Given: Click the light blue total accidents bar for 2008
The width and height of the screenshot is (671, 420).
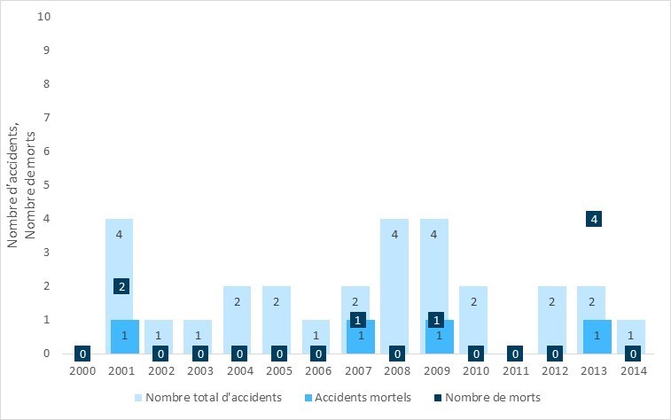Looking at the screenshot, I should (x=394, y=284).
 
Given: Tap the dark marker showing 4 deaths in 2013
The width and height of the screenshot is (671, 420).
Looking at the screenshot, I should (x=594, y=219).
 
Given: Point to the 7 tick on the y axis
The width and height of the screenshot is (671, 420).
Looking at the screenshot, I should (x=47, y=118).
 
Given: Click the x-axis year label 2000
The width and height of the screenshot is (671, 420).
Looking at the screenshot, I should (x=82, y=371).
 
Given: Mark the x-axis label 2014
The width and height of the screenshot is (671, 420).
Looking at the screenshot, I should (x=634, y=371).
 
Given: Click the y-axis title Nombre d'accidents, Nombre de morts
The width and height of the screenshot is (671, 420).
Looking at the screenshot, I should (x=21, y=185).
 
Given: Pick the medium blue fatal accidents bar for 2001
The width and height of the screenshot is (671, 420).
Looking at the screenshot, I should (x=124, y=341).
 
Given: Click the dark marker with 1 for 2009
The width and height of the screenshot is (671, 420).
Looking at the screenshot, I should (x=436, y=320).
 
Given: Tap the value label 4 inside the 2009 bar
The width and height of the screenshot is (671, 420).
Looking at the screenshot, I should (x=434, y=235).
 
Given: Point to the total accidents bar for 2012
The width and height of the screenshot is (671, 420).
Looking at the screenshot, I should (x=551, y=310).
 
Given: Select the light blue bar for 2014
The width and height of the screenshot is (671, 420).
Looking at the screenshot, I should (x=630, y=332).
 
